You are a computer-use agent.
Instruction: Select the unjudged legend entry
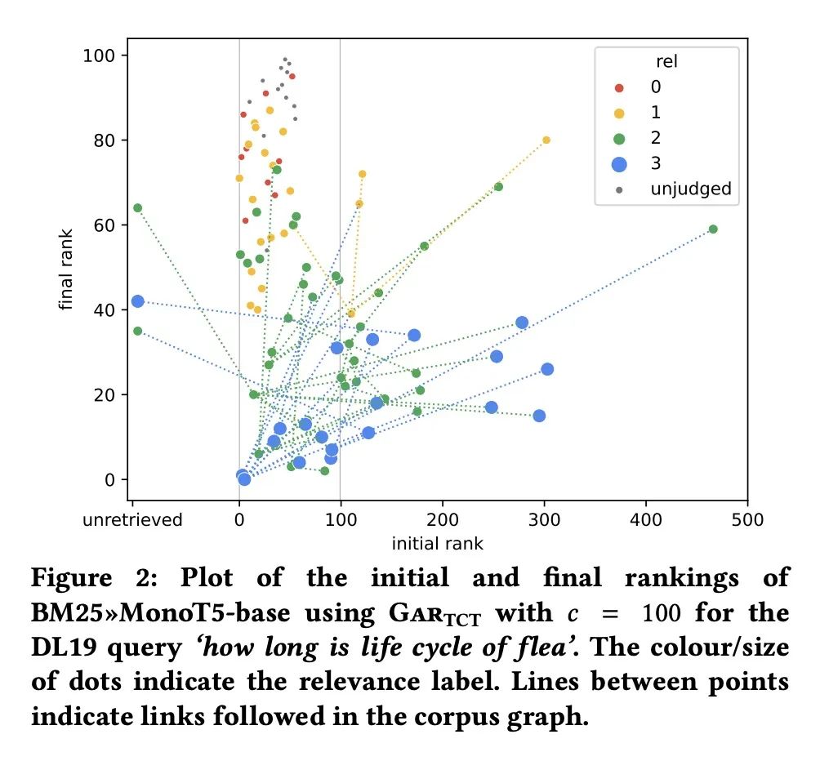690,189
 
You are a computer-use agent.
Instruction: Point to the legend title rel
667,61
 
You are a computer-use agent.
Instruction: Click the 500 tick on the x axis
747,520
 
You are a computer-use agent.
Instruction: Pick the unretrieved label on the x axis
132,520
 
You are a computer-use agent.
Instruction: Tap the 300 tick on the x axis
544,520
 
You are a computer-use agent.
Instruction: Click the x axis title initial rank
438,544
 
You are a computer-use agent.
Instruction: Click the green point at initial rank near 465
713,229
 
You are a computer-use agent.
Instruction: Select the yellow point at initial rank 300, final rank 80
546,140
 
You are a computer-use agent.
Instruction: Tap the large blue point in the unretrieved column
137,301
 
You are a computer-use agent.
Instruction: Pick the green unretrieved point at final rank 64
137,208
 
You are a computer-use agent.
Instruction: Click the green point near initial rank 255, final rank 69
498,187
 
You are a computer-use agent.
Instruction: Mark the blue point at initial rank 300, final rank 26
547,369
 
